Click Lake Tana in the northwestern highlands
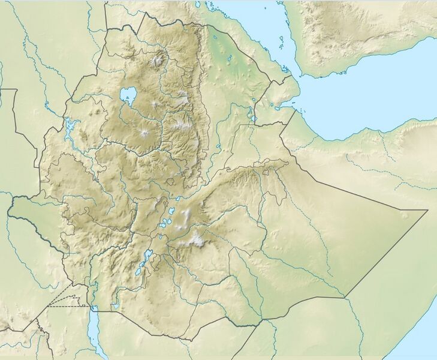click(x=128, y=95)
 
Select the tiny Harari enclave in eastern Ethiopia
click(x=266, y=175)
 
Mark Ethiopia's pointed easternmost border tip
click(x=427, y=210)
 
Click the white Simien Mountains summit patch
click(x=159, y=60)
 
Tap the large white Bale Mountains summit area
click(x=196, y=240)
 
